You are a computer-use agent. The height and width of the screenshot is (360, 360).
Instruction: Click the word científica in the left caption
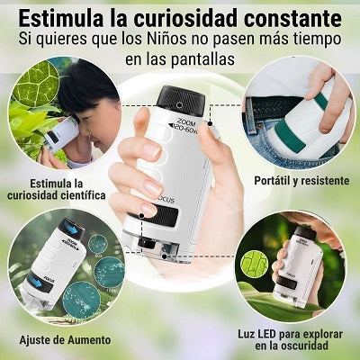[x=77, y=194]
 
